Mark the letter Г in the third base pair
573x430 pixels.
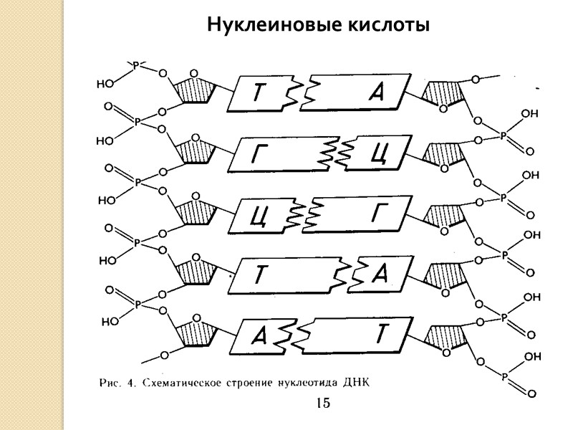tap(378, 213)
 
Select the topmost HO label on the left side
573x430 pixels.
tap(105, 83)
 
